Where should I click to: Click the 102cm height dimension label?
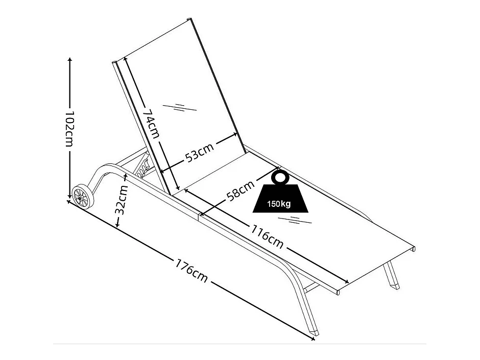(70, 128)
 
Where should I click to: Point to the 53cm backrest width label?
(199, 152)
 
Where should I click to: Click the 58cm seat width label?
(241, 188)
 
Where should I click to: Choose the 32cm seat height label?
(121, 200)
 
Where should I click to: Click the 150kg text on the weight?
(279, 204)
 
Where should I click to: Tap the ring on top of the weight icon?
(279, 177)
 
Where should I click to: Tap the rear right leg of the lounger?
(393, 278)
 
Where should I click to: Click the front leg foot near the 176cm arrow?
(316, 332)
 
